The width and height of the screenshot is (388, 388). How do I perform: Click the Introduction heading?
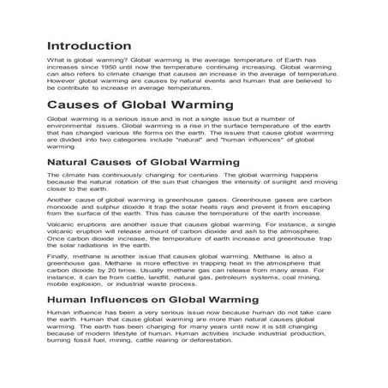pyautogui.click(x=89, y=45)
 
